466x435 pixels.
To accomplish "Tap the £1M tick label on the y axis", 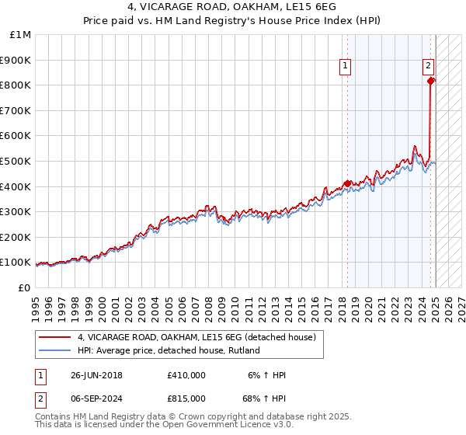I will click(x=21, y=35).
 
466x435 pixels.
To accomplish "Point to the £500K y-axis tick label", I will click(x=17, y=161).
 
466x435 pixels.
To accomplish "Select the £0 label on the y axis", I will click(x=25, y=287).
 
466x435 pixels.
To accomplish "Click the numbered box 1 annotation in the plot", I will click(x=345, y=66).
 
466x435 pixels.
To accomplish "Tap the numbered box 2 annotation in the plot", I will click(x=428, y=66).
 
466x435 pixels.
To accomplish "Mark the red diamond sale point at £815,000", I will click(x=431, y=80).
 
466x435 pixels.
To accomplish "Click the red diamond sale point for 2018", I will click(x=346, y=183).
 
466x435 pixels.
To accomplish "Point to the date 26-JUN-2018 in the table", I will click(x=97, y=375).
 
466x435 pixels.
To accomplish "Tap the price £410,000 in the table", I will click(x=186, y=375).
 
